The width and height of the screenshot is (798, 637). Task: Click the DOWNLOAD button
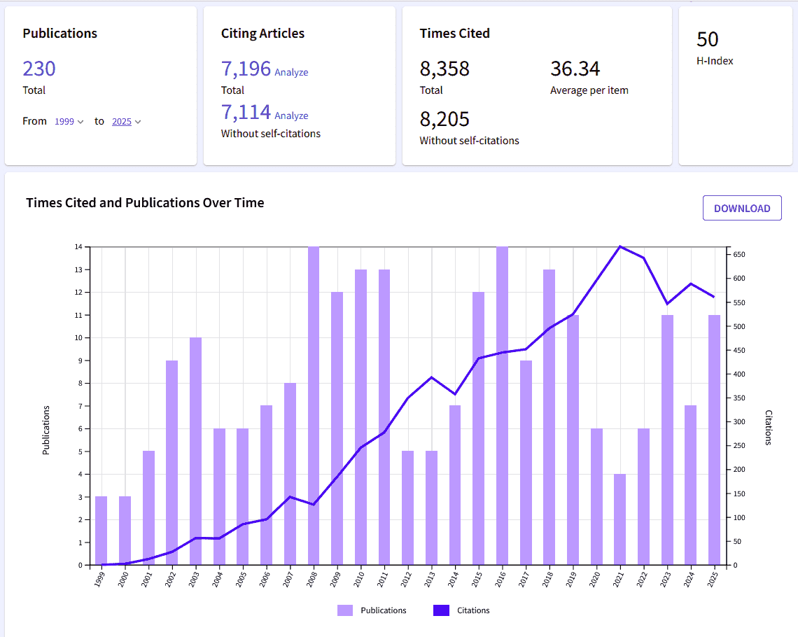742,208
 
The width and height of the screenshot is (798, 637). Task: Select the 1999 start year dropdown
69,122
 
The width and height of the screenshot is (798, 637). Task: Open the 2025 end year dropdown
126,122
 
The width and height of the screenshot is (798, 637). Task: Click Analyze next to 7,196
291,72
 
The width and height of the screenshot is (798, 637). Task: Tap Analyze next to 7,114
291,115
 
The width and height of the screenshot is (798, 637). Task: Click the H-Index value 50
708,39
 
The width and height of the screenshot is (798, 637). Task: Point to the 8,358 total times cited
444,69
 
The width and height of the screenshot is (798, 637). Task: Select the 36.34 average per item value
575,69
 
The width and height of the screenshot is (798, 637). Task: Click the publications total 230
39,69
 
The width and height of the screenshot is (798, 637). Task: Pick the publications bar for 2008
314,406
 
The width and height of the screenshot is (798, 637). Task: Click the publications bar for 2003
195,451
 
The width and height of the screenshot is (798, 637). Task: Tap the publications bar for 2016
502,406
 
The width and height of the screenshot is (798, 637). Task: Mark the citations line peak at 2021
619,246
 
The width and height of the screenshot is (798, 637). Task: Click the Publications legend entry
372,610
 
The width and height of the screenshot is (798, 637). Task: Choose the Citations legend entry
461,610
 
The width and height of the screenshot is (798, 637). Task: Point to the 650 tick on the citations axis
741,254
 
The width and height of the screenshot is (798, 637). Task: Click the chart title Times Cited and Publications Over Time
145,203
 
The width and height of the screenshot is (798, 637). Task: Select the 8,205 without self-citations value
444,119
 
